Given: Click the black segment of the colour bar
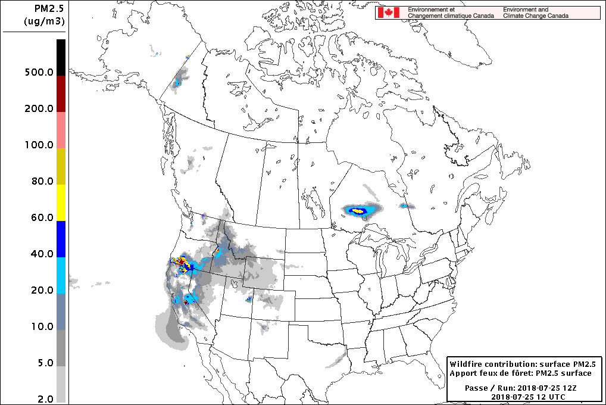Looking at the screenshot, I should (x=61, y=57).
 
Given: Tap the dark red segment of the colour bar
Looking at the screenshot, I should (x=61, y=94).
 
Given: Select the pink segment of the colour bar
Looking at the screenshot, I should (x=61, y=130).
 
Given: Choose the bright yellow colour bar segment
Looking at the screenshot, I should (x=61, y=202).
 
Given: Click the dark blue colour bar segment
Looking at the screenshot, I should (x=61, y=239).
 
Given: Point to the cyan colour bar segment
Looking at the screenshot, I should (x=61, y=275).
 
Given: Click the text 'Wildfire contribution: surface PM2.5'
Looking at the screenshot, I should (x=523, y=363).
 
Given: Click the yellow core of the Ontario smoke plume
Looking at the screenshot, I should (x=357, y=210).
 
